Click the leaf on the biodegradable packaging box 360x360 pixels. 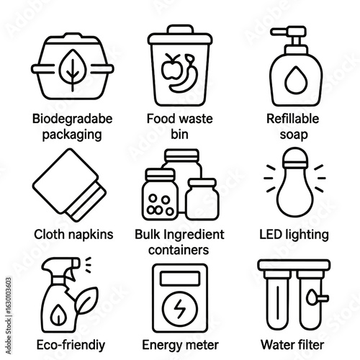(73, 70)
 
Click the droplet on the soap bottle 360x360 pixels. (296, 80)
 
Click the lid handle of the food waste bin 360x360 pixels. (181, 30)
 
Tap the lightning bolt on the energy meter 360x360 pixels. (180, 309)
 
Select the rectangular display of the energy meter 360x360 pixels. (180, 279)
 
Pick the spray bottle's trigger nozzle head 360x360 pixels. (61, 264)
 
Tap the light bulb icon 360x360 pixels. (295, 182)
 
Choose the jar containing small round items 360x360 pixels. (161, 194)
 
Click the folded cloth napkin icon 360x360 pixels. (69, 185)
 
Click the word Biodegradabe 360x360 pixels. (73, 119)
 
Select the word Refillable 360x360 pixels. (293, 119)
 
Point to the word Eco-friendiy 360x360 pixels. (71, 345)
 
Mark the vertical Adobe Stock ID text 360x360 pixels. (9, 316)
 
